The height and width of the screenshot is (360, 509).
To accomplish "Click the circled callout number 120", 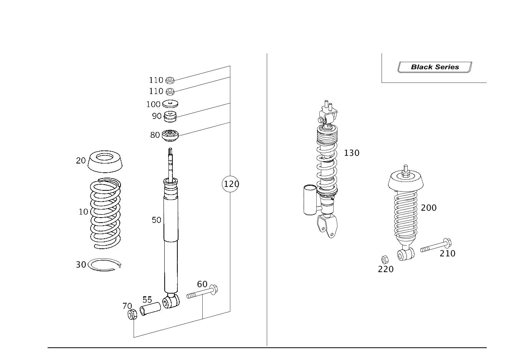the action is tap(230, 184).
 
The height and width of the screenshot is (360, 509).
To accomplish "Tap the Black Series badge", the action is tap(435, 67).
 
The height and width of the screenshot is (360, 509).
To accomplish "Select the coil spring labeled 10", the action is tap(106, 213).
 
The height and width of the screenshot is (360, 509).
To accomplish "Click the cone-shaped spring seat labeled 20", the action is tap(105, 161).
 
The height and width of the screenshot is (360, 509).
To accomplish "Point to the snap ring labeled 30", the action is tap(104, 264).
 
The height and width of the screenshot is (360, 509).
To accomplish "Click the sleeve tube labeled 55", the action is tap(150, 309).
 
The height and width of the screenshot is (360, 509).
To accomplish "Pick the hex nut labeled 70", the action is tap(132, 314).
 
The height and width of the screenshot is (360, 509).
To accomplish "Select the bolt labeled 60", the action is tap(202, 292).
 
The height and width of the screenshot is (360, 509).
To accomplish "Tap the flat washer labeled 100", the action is tap(170, 104).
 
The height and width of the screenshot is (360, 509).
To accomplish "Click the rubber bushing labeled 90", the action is tap(170, 116).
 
